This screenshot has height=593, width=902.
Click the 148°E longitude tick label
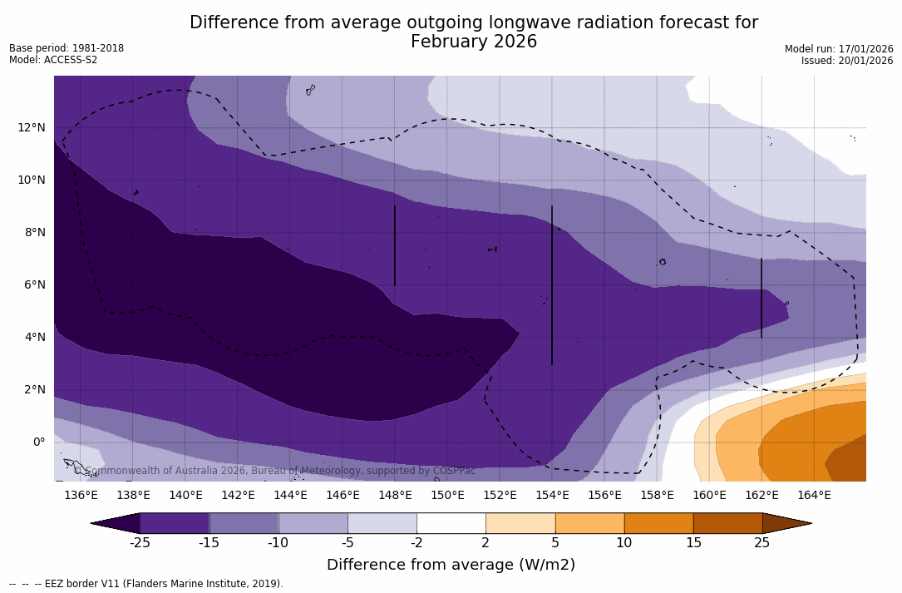395,496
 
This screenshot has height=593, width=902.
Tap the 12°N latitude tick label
32,127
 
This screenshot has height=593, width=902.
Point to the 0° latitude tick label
38,442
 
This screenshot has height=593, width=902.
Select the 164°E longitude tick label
814,496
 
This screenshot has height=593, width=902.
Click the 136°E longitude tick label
81,496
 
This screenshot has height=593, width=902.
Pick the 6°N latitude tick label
32,284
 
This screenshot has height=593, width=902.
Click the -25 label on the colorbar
140,543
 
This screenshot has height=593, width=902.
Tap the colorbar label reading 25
762,543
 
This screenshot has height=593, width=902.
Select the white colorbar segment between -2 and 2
451,523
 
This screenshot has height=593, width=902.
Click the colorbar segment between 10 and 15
658,523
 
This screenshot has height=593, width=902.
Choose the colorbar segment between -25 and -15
175,523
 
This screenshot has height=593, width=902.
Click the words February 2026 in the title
474,42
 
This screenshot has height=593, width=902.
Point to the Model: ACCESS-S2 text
53,60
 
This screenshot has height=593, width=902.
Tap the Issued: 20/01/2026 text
847,61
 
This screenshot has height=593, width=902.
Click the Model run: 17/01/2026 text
839,49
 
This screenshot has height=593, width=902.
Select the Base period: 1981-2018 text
67,48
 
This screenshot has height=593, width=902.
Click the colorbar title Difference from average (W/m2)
451,565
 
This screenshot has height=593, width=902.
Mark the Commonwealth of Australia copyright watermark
275,471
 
